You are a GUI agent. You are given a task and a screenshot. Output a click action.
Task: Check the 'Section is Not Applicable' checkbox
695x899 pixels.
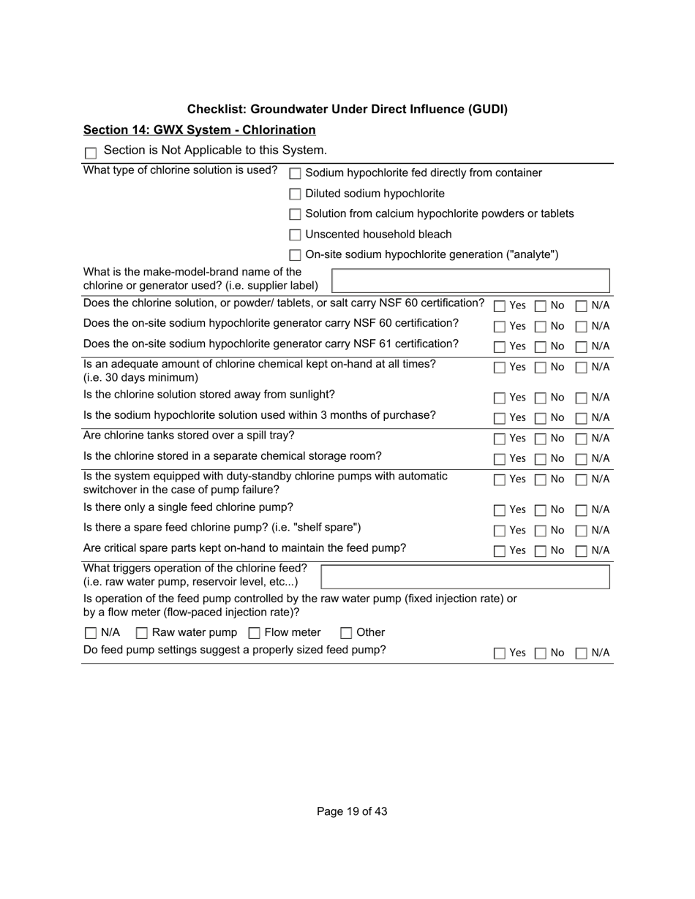click(91, 153)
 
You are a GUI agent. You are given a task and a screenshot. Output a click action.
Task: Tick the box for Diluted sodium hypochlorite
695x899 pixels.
click(296, 194)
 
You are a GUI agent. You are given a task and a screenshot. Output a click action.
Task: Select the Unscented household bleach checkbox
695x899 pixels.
click(296, 235)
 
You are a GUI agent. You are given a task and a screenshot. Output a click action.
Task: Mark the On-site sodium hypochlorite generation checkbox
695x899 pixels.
click(296, 256)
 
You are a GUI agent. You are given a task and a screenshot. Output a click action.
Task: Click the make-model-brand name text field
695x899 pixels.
click(470, 281)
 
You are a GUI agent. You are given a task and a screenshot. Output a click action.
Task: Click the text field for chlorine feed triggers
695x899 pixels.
click(465, 577)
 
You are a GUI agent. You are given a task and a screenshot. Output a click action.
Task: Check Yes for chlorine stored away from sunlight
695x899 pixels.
click(500, 398)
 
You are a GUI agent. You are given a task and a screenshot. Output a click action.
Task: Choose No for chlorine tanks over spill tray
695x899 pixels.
click(541, 439)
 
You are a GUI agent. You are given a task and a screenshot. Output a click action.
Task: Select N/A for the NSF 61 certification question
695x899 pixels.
click(582, 347)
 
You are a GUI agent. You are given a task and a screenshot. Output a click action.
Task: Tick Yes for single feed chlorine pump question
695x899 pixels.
click(500, 510)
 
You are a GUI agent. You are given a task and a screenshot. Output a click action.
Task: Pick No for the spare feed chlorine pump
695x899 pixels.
click(541, 531)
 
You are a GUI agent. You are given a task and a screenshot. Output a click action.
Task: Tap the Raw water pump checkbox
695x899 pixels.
click(143, 633)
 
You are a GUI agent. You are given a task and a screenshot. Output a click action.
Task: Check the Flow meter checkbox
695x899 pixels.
click(255, 633)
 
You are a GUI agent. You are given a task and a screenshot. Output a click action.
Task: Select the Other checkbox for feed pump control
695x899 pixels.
click(347, 633)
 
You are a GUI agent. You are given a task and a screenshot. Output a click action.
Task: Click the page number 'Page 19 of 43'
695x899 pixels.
click(352, 811)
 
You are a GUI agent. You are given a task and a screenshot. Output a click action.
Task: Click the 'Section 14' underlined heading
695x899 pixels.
click(199, 130)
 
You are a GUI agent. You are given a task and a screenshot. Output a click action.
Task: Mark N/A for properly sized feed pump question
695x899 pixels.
click(582, 654)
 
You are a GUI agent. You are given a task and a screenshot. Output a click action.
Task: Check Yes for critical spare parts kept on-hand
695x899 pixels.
click(500, 551)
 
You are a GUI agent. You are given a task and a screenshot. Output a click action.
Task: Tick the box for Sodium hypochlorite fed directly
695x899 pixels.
click(296, 174)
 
